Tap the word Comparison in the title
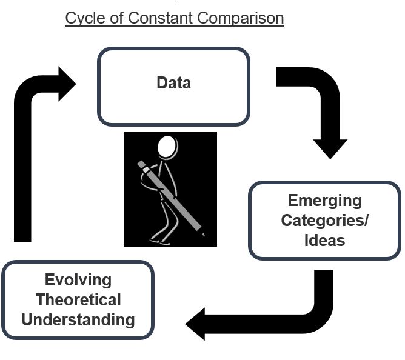coord(241,18)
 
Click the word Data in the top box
coord(174,82)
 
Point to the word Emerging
coord(325,201)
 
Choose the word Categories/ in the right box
coord(325,221)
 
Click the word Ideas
coord(325,241)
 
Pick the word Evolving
coord(78,280)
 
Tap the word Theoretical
coord(79,300)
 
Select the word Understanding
coord(78,320)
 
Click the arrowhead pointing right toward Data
coord(67,84)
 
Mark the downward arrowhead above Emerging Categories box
coord(330,149)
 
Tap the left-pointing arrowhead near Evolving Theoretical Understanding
coord(195,324)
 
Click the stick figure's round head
coord(167,147)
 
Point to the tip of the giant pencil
coord(204,235)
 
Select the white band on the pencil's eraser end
coord(146,170)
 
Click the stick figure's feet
coord(160,242)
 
